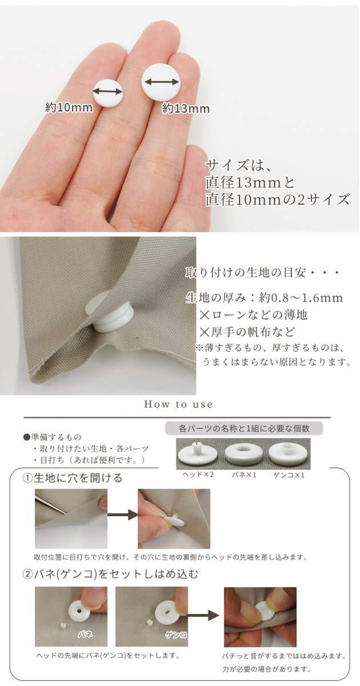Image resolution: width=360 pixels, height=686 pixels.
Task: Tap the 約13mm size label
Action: point(186,108)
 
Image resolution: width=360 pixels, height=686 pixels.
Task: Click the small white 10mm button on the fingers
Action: point(108,92)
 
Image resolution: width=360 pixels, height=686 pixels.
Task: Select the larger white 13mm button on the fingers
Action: point(161,83)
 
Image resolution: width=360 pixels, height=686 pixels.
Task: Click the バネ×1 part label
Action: point(244,475)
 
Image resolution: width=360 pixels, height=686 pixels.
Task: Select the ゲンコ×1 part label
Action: point(289,475)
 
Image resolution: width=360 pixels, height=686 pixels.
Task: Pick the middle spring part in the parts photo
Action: point(244,454)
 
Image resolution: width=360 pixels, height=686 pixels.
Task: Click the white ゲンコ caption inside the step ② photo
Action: point(176,635)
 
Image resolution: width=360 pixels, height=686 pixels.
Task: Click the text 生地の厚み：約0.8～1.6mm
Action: point(264,298)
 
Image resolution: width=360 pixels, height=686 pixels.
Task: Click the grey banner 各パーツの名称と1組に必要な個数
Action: point(244,429)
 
